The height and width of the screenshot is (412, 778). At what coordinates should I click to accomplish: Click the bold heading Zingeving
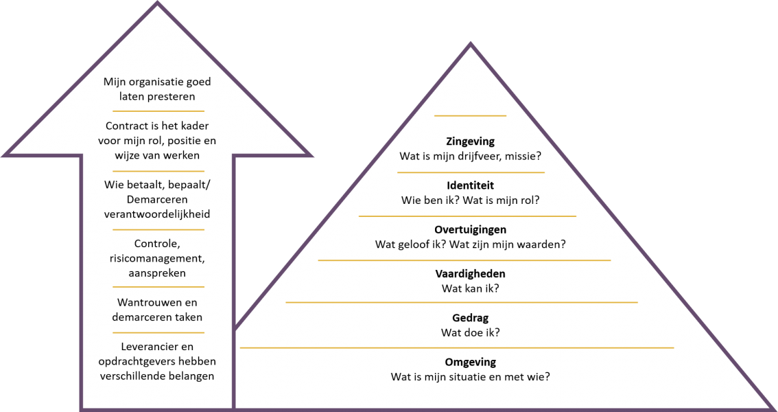tap(470, 141)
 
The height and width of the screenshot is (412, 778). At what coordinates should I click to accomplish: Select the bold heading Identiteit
tap(470, 185)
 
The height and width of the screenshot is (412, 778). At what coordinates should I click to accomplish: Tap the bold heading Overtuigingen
tap(470, 229)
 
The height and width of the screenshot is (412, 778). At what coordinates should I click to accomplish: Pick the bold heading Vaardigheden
tap(470, 274)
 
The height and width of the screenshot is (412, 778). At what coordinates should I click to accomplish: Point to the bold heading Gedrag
tap(470, 318)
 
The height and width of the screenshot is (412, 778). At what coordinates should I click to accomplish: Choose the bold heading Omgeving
tap(470, 362)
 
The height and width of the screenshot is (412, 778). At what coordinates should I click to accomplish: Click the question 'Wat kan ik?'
tap(470, 288)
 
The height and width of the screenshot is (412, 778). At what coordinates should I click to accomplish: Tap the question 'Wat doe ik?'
tap(470, 332)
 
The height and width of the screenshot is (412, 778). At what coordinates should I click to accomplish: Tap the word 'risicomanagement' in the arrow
tap(157, 258)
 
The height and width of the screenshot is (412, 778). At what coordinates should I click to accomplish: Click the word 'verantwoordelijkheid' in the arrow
tap(157, 214)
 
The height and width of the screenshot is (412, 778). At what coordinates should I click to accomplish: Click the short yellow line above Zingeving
tap(470, 116)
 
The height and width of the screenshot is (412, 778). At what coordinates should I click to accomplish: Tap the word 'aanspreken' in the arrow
tap(157, 273)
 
